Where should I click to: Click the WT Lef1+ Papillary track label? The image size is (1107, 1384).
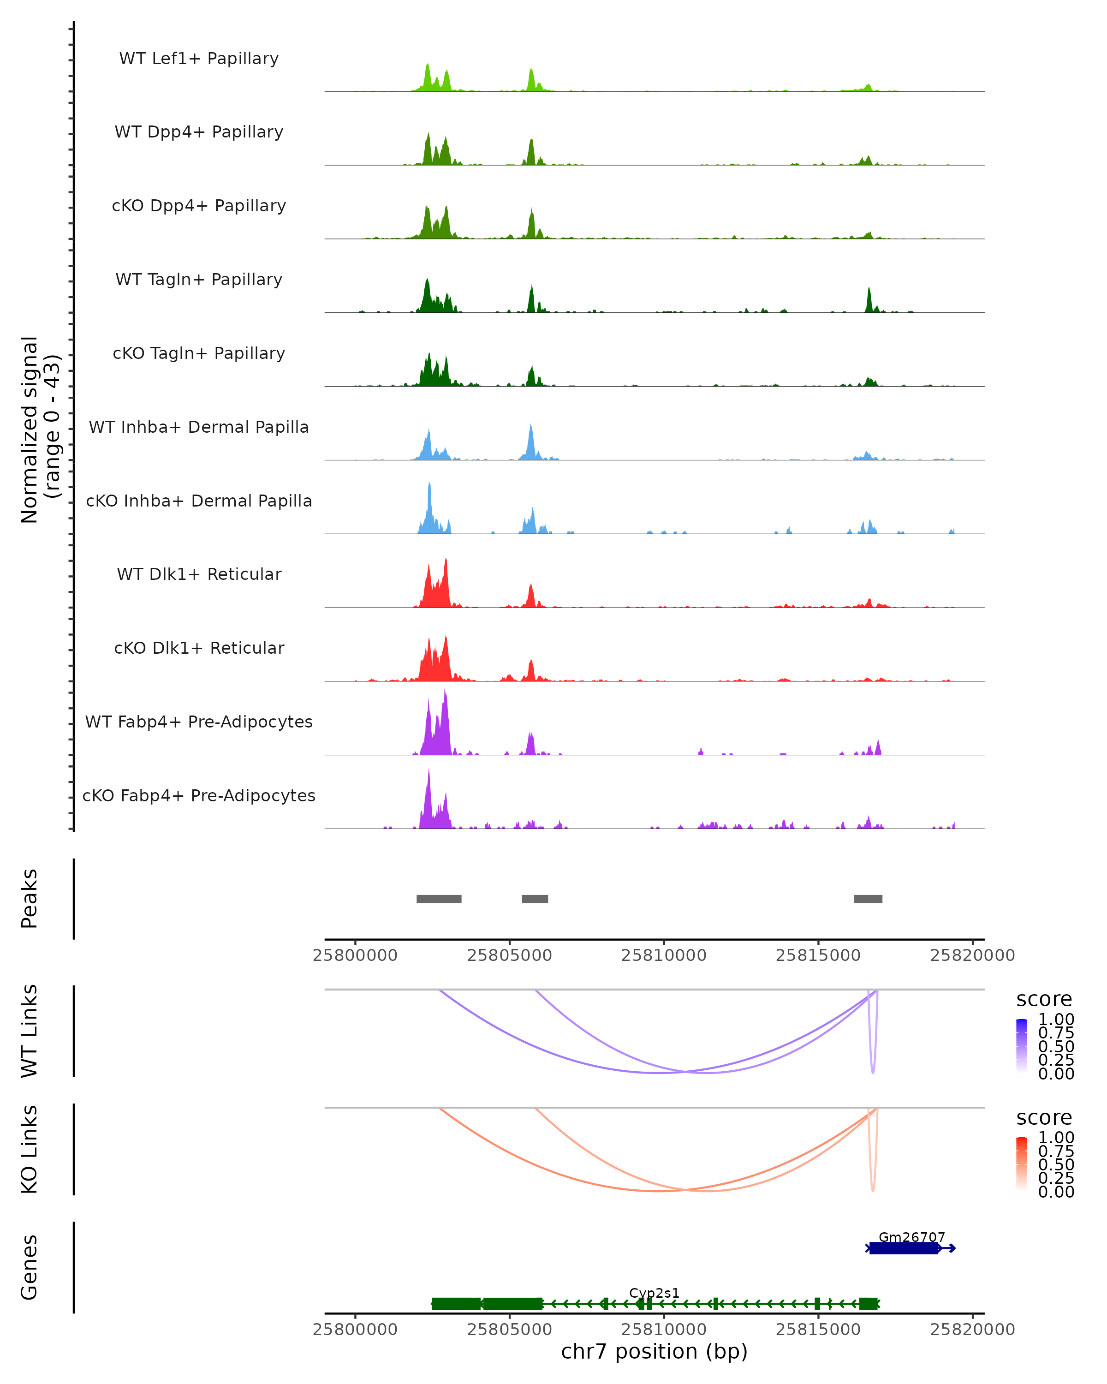(x=199, y=59)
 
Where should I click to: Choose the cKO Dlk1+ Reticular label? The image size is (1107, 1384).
(x=199, y=648)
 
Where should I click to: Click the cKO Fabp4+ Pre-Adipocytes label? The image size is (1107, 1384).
(x=199, y=795)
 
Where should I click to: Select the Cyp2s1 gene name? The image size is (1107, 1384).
(x=654, y=1293)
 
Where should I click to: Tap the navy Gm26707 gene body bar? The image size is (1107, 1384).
(x=904, y=1248)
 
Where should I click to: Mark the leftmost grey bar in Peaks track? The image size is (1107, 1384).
(x=439, y=899)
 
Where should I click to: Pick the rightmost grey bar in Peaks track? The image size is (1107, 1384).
(x=868, y=899)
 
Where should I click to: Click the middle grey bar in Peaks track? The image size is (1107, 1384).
(x=535, y=899)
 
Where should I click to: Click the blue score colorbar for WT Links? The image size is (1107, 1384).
(x=1022, y=1045)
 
